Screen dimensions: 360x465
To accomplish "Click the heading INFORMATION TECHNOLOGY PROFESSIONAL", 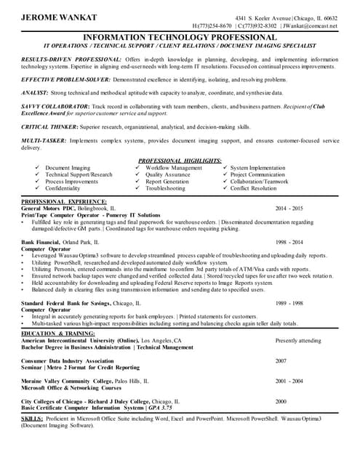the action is pos(180,36).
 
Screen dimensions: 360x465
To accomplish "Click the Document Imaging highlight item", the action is pos(68,168).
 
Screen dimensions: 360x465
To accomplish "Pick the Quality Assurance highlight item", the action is pos(167,175).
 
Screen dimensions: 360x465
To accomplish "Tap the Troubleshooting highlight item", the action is pos(165,188).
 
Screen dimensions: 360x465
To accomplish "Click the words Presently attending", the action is pos(298,340).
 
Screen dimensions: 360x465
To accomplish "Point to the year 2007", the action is pos(281,360).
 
